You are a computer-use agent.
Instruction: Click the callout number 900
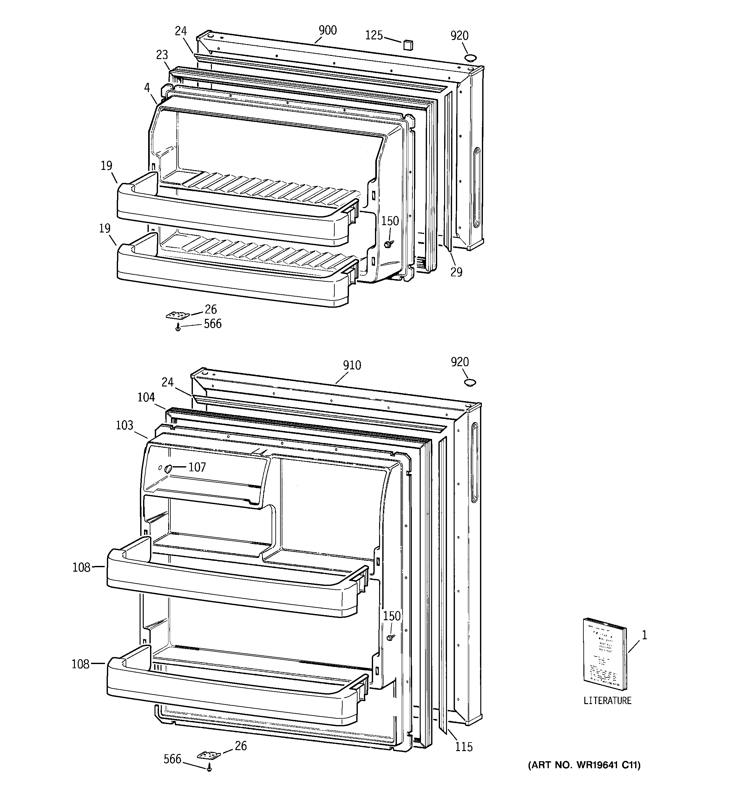pos(327,30)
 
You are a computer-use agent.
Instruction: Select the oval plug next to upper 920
pos(470,58)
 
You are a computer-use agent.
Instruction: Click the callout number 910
pos(352,365)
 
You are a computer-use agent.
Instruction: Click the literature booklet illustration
pos(604,660)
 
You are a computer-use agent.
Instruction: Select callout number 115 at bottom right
pos(463,747)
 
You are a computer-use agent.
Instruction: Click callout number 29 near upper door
pos(456,272)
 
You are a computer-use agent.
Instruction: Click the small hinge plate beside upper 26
pos(177,315)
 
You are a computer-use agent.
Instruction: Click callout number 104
pos(146,397)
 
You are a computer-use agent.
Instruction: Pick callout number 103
pos(124,425)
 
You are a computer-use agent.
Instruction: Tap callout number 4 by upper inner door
pos(147,87)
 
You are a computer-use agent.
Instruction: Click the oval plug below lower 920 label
pos(470,382)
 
